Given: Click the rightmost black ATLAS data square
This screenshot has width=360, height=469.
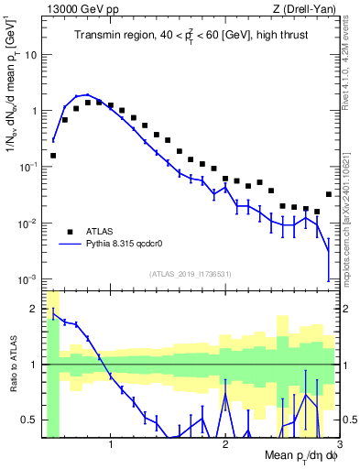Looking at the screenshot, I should point(329,194).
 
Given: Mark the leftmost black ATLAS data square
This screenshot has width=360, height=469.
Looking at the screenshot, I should point(53,156).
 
